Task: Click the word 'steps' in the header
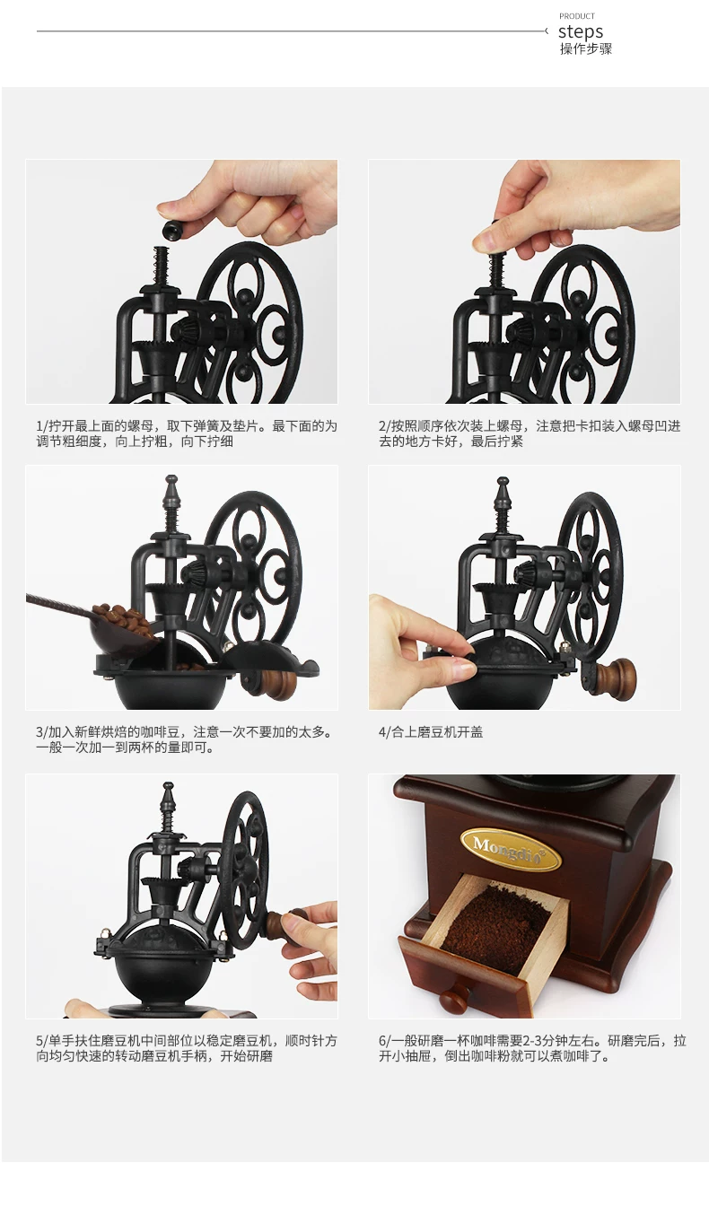pyautogui.click(x=581, y=31)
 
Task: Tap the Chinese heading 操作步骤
pyautogui.click(x=585, y=48)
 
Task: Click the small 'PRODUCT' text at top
pyautogui.click(x=577, y=16)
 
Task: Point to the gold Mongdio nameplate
pyautogui.click(x=510, y=850)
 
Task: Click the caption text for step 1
pyautogui.click(x=187, y=433)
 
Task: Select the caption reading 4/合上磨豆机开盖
pyautogui.click(x=431, y=732)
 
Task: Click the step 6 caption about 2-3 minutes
pyautogui.click(x=532, y=1048)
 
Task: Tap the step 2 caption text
pyautogui.click(x=530, y=433)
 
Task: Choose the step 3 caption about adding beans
pyautogui.click(x=184, y=739)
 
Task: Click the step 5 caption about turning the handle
pyautogui.click(x=187, y=1048)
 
